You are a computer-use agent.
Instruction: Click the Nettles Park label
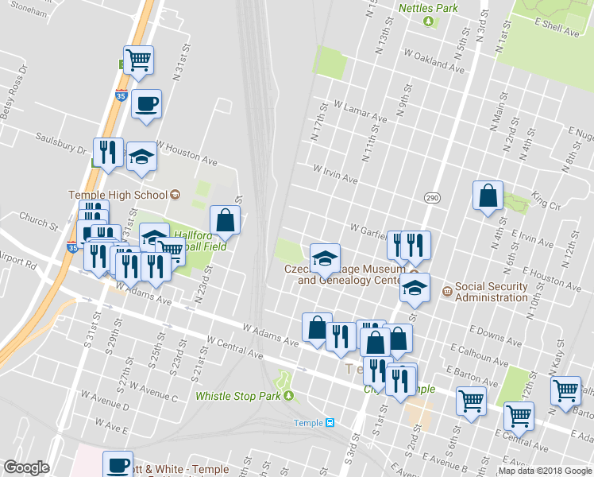pos(428,8)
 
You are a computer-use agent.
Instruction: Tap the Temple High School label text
pos(118,195)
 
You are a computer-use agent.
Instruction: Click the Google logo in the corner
pos(26,467)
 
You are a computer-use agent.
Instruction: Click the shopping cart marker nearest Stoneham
pos(139,60)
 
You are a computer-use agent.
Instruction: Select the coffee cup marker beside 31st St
pos(146,104)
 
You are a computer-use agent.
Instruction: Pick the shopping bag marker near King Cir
pos(488,196)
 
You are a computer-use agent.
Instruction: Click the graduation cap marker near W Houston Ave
pos(142,157)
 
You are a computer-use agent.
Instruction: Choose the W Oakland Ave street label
pos(434,61)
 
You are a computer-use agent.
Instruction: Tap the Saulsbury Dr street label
pos(60,144)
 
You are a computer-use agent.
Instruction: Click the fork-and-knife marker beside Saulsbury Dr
pos(108,152)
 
